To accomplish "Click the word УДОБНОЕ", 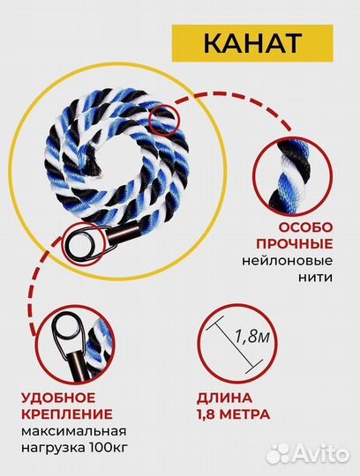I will (x=58, y=397).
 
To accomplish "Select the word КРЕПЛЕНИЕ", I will (x=68, y=413).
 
